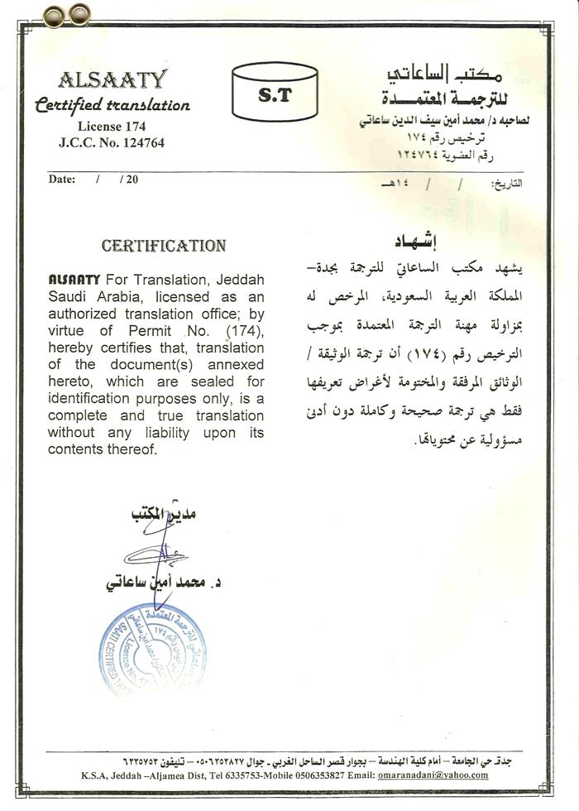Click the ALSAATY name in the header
112,80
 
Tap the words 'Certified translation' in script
112,105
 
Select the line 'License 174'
112,127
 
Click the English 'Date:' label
62,179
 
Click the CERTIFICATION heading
163,246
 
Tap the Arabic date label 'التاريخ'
507,183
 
